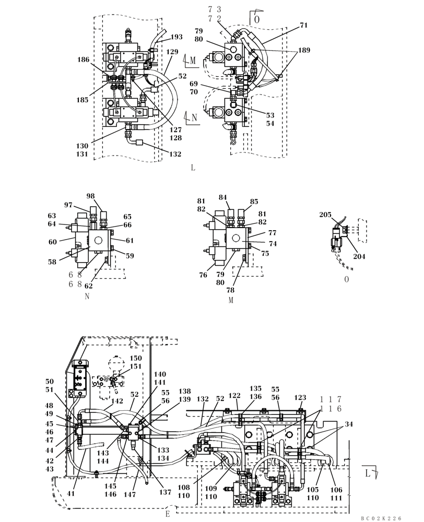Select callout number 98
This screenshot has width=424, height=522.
click(x=91, y=196)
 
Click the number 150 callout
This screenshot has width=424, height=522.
click(x=136, y=359)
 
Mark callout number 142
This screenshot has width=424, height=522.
click(x=117, y=401)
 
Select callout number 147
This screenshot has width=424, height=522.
click(x=129, y=494)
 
